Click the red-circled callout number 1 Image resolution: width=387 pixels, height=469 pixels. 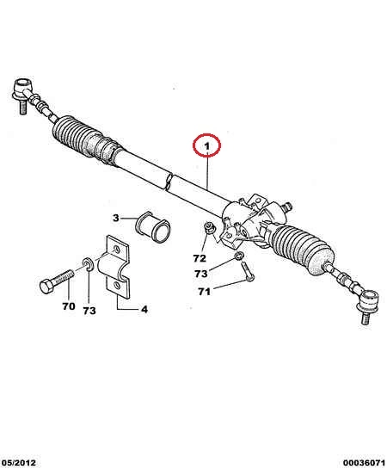206,146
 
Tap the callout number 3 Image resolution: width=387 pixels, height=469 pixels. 116,218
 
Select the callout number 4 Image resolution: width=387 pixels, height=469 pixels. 144,309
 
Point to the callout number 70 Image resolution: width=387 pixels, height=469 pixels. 69,306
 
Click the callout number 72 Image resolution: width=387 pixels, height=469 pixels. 200,258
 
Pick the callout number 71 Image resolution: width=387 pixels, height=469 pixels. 205,292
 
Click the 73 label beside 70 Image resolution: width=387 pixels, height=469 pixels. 89,311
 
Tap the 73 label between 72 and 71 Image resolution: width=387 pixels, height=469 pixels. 201,274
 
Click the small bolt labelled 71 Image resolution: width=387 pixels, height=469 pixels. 247,271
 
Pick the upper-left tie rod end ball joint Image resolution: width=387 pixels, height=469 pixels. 23,94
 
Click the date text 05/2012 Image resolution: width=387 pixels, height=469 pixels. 18,463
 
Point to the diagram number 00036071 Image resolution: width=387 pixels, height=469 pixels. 364,463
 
